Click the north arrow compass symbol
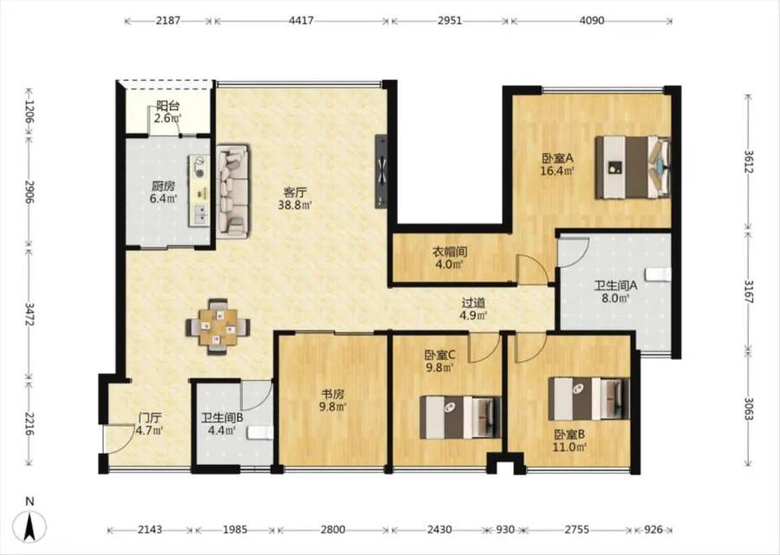[30, 526]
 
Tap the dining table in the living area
[218, 327]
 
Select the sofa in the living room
[233, 190]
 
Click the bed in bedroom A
[634, 167]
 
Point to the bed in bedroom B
[589, 398]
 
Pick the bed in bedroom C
[459, 417]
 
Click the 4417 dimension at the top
[301, 21]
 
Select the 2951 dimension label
[449, 21]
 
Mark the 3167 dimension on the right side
[749, 291]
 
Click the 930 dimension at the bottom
[505, 530]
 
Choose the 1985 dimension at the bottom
[235, 530]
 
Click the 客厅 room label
[295, 192]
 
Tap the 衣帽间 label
[449, 251]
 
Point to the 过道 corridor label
[473, 302]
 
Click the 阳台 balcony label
[167, 106]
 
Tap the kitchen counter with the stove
[199, 191]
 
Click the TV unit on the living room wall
[381, 172]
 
